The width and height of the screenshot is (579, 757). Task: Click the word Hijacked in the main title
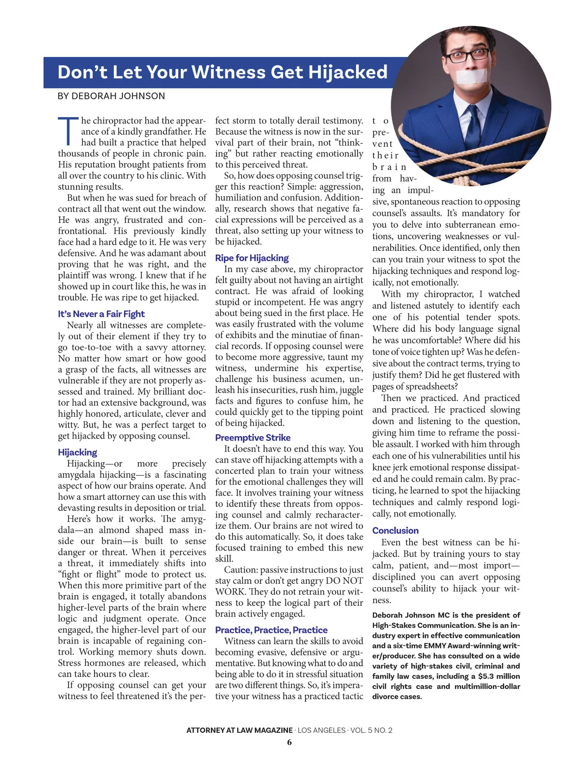(x=347, y=72)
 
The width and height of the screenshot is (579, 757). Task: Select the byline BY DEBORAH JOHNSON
(x=111, y=96)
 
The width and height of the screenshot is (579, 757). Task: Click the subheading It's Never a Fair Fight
(x=101, y=314)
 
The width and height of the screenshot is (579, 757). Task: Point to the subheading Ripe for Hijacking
(x=252, y=258)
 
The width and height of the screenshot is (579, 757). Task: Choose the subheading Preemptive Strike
(x=253, y=438)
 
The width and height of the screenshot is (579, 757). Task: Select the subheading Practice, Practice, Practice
(x=271, y=630)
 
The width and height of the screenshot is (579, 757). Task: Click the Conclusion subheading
(x=395, y=530)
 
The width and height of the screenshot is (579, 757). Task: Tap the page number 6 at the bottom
(x=289, y=743)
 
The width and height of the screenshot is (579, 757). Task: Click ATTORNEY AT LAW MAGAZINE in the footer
(x=239, y=730)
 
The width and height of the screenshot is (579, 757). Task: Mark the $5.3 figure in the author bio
(x=490, y=676)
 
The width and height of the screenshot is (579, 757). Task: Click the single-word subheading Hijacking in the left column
(x=77, y=453)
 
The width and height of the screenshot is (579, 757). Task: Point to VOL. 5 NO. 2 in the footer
(x=371, y=730)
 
